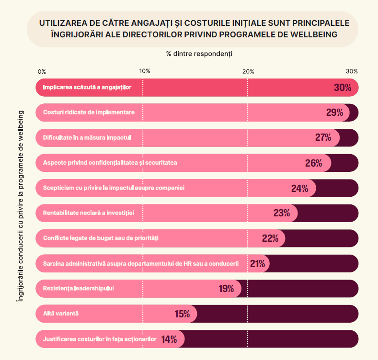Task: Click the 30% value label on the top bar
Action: click(x=343, y=88)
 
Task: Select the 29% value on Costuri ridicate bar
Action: click(x=335, y=112)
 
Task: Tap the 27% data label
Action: click(x=323, y=137)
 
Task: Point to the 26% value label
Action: click(x=313, y=163)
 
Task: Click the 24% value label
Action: click(x=299, y=188)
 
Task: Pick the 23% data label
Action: click(x=282, y=213)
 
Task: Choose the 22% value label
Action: click(x=270, y=238)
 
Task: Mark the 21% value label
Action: click(x=258, y=263)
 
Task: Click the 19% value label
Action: click(x=226, y=288)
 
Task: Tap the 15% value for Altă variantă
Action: click(x=182, y=314)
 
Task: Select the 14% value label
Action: click(x=169, y=339)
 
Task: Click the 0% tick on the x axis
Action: click(x=42, y=71)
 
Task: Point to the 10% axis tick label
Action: click(x=144, y=71)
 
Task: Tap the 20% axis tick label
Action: click(x=248, y=71)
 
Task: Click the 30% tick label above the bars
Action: click(x=352, y=71)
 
